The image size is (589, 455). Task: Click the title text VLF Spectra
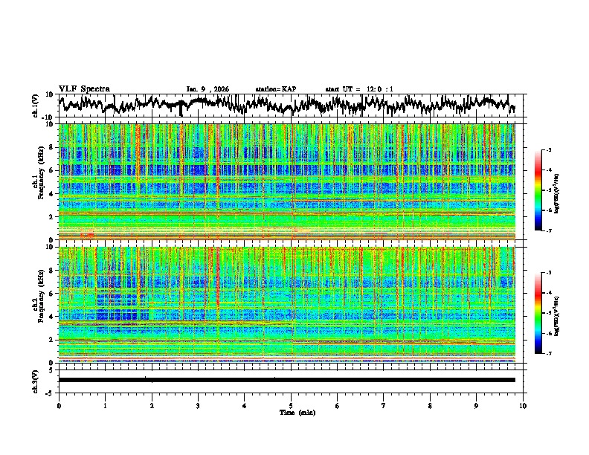84,89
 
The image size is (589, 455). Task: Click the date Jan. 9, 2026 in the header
207,89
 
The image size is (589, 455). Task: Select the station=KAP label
276,89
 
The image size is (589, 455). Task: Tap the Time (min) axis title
297,412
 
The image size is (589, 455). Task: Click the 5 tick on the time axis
291,405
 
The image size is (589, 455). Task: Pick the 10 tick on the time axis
523,405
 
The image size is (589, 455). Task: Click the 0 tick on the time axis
59,405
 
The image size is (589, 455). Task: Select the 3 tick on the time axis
198,405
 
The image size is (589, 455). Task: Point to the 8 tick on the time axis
430,405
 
